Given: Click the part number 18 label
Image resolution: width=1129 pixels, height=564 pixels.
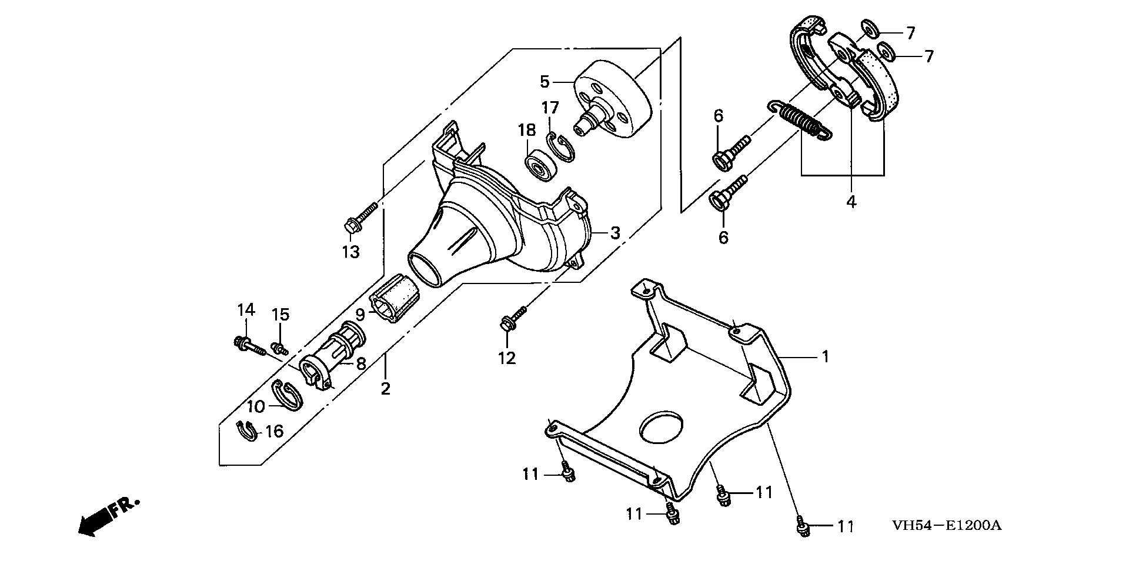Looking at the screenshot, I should (x=526, y=129).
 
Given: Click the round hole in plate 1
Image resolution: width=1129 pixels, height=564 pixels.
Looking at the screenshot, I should (x=662, y=428).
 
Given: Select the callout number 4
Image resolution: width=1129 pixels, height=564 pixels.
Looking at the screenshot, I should (x=851, y=201).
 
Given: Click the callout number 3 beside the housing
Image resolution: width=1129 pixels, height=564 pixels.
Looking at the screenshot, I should (x=614, y=233).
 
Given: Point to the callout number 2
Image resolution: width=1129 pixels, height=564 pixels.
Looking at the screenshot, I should (x=385, y=389).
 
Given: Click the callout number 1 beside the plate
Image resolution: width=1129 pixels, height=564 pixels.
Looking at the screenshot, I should (x=825, y=356).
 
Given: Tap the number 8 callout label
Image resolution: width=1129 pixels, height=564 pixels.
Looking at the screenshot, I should (x=360, y=363).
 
